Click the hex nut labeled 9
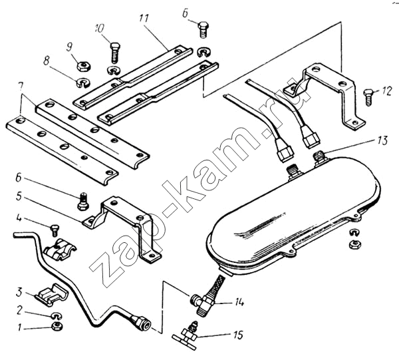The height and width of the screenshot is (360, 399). point(84,65)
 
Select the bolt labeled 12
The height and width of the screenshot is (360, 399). point(368,94)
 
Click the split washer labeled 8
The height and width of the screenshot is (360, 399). point(84,83)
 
